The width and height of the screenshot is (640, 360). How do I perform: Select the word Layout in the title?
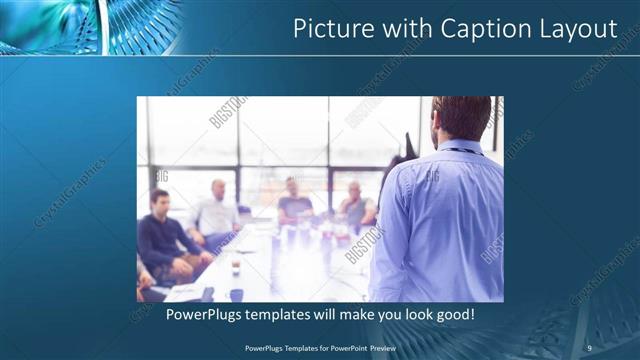pos(576,29)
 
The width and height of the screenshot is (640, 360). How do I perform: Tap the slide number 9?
pos(589,347)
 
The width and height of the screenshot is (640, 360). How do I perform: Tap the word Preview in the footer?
pos(385,347)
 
